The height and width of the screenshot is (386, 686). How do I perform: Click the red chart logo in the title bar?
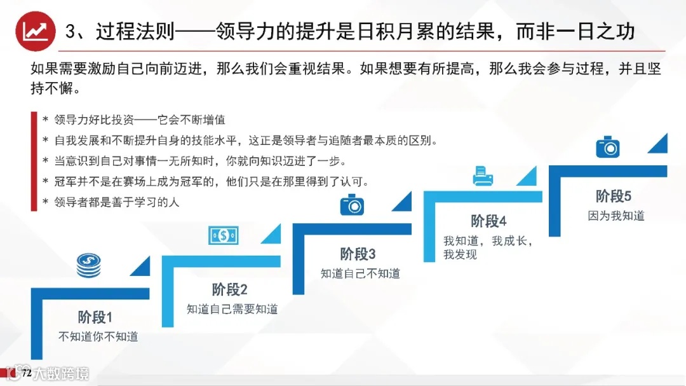[34, 31]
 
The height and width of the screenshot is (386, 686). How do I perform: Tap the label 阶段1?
[95, 317]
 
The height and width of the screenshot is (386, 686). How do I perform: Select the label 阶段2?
[229, 289]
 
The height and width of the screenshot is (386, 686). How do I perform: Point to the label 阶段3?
[358, 254]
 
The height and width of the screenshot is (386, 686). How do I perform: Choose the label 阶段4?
[488, 221]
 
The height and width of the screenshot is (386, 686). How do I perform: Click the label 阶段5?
[614, 195]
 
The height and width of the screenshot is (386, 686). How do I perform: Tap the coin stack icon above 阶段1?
[88, 265]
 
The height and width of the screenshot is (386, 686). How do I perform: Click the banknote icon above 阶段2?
[224, 235]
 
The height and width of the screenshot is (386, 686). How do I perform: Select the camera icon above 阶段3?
[352, 205]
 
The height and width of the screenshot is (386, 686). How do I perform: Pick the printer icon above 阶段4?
[483, 175]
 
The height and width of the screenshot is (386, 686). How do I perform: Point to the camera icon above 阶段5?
[607, 146]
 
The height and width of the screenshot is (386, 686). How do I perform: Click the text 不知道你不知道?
[98, 336]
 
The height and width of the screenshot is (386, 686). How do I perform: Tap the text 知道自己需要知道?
[232, 309]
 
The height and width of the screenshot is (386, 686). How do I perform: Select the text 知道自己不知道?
[360, 273]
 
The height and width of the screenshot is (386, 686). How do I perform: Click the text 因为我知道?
[616, 216]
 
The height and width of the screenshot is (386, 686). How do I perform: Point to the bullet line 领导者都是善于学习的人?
[111, 202]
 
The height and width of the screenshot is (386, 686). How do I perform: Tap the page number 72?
[27, 373]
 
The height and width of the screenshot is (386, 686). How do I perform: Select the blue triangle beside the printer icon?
[527, 177]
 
